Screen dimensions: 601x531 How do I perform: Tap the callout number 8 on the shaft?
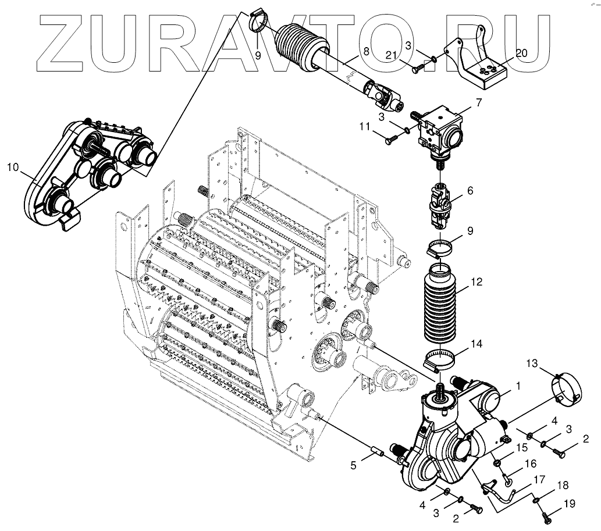[365, 51]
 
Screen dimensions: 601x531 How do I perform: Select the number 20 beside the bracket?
[521, 53]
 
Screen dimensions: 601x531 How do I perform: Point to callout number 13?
[532, 364]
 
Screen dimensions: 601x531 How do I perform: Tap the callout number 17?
[539, 480]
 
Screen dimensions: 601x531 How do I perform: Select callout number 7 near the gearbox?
[478, 103]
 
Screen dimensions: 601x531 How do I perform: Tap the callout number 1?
[518, 385]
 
